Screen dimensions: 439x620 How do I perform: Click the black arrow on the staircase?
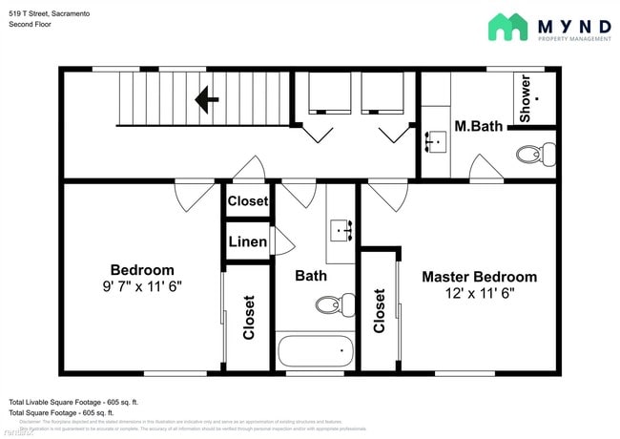pos(207,98)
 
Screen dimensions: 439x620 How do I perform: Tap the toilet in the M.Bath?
pos(536,154)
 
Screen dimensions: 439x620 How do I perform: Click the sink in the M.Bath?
pos(438,142)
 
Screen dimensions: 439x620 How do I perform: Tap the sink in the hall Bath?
pos(342,230)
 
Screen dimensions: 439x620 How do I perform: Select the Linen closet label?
pos(248,241)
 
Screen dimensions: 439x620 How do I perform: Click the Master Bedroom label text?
pos(479,277)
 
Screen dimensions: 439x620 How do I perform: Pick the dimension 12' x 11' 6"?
pos(479,294)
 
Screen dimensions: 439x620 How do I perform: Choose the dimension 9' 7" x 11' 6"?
pos(142,285)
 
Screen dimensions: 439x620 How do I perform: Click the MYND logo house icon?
pos(507,27)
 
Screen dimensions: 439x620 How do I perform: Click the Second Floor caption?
pos(31,24)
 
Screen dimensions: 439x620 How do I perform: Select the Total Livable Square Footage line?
pos(74,402)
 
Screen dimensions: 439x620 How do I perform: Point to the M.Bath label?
pos(477,126)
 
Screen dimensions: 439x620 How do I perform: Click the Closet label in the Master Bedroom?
pos(380,310)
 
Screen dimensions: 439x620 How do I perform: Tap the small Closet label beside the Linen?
pos(248,201)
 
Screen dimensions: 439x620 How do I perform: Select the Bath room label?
pos(311,276)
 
